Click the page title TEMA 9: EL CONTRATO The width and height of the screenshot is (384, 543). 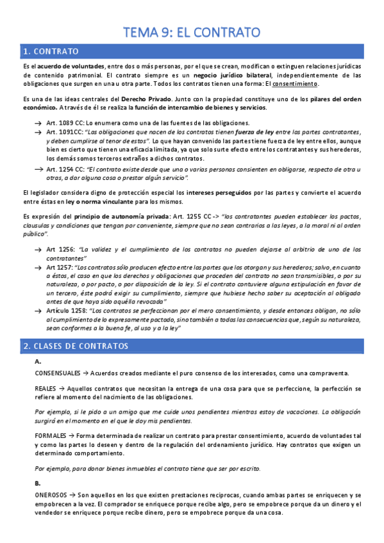(x=192, y=31)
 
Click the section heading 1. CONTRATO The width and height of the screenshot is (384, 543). (x=51, y=51)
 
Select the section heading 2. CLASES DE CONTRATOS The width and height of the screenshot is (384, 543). (x=76, y=346)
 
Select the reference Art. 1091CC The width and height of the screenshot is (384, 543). (x=67, y=132)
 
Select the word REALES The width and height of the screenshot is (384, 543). (x=46, y=388)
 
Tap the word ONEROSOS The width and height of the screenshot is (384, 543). (x=51, y=496)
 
